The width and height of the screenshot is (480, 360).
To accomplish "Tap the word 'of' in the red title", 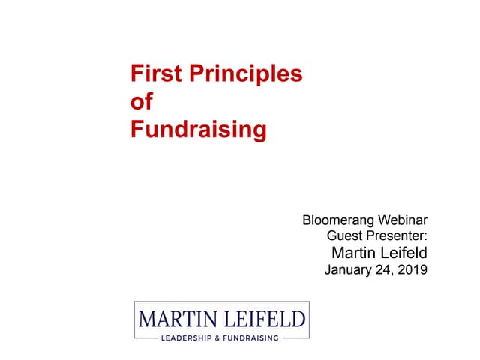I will [141, 102].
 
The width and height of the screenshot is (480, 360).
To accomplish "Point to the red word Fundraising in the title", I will [198, 130].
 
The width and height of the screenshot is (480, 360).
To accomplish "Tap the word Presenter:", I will [397, 236].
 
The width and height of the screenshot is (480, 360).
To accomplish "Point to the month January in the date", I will [349, 270].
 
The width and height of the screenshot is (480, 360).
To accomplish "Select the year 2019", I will [412, 270].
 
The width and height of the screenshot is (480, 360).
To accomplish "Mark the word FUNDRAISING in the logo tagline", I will [252, 337].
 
